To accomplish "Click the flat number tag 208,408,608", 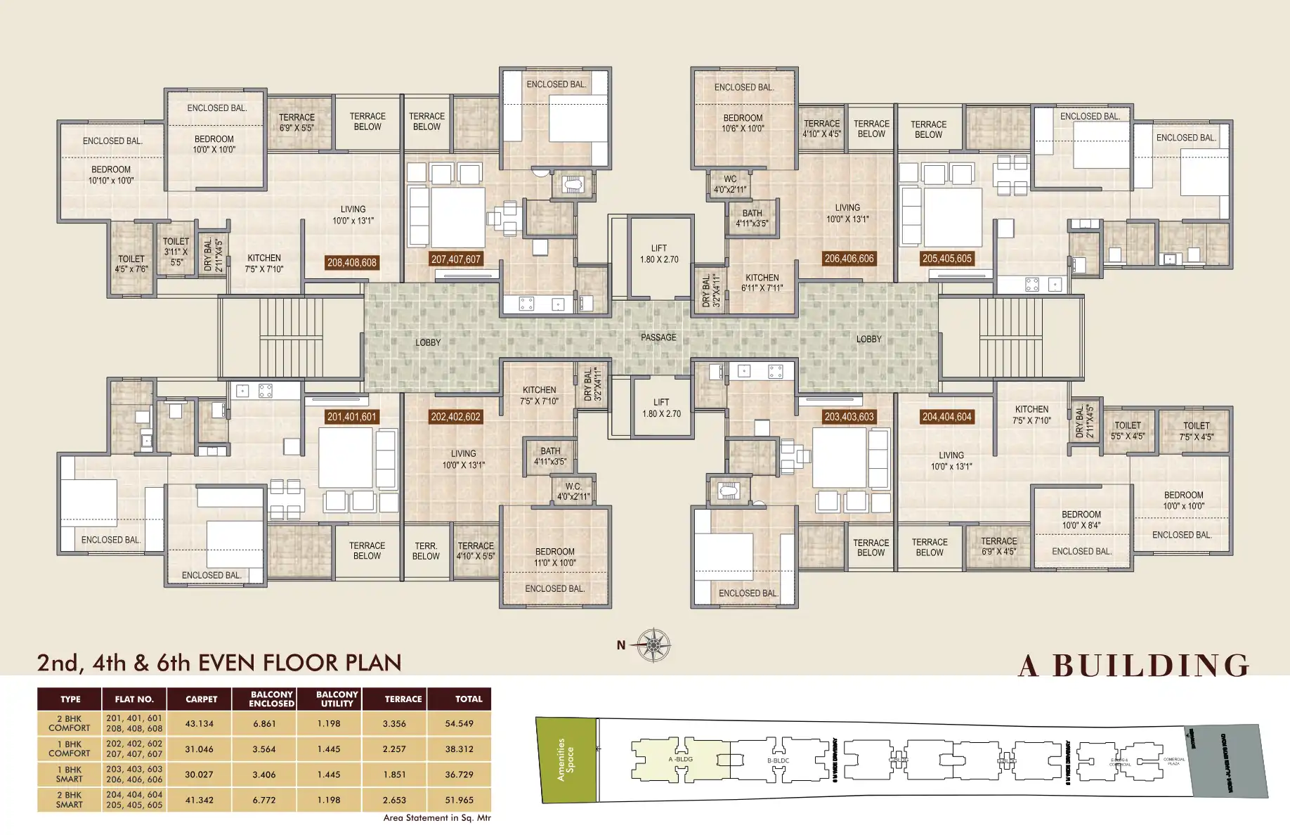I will tap(351, 262).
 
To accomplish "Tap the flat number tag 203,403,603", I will tap(849, 417).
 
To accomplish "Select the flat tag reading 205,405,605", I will tap(946, 259).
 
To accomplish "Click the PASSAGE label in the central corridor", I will tap(658, 337).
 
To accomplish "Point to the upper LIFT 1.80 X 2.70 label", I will tap(659, 254).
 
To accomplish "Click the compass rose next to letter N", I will tap(653, 645).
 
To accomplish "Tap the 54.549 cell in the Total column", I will tap(459, 723).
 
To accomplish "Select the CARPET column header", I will tap(201, 699).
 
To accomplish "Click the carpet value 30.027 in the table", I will tap(199, 775).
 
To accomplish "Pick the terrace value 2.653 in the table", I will tap(394, 800).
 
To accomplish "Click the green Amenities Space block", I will tap(566, 759).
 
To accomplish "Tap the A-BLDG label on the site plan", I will tap(680, 759).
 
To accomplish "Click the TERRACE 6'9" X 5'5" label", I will tap(297, 122).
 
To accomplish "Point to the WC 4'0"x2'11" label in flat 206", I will tap(730, 184).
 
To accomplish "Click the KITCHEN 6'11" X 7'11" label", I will tap(762, 283).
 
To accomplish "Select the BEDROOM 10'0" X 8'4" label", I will tap(1081, 519).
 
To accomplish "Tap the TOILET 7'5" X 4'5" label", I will tap(1196, 431).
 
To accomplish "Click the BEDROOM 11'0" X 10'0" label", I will tap(554, 557).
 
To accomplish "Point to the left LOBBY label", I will tap(427, 342).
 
